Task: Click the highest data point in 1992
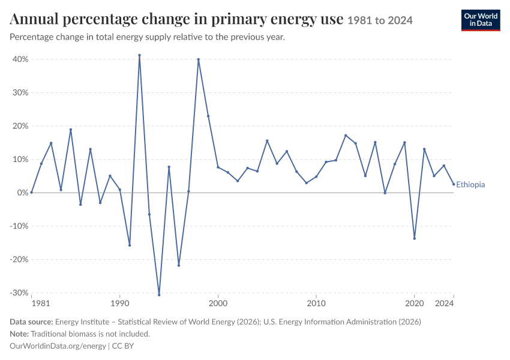(140, 55)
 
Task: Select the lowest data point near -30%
(159, 295)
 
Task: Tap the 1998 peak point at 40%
(199, 59)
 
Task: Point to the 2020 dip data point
(415, 238)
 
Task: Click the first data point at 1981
(32, 193)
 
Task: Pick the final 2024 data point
(454, 184)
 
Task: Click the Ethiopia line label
(470, 185)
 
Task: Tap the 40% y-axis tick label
(20, 59)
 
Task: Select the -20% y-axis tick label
(19, 260)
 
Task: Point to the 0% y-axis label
(22, 193)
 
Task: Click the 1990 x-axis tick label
(119, 304)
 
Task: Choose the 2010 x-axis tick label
(316, 304)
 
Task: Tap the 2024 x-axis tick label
(444, 304)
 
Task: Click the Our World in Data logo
(481, 20)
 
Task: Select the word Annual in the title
(34, 19)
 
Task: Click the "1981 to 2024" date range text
(380, 20)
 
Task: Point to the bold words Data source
(31, 322)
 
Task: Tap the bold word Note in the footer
(19, 334)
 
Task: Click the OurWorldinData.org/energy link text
(58, 346)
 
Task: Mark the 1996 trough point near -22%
(179, 266)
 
